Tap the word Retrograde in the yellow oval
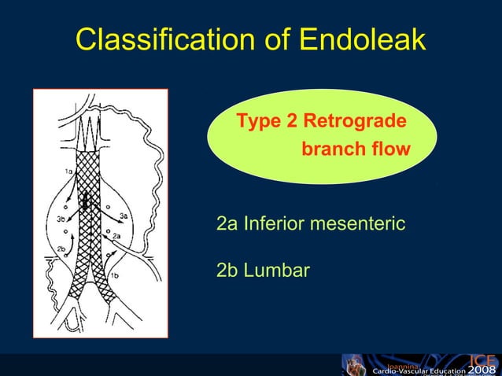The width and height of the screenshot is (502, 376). coord(355,122)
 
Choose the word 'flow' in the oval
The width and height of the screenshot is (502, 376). coord(391,149)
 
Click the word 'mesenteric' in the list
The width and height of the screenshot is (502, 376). coord(360,224)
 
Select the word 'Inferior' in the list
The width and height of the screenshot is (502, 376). coord(275,224)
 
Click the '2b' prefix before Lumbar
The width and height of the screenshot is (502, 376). coord(227,271)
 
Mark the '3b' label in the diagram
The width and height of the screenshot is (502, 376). coord(61,219)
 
